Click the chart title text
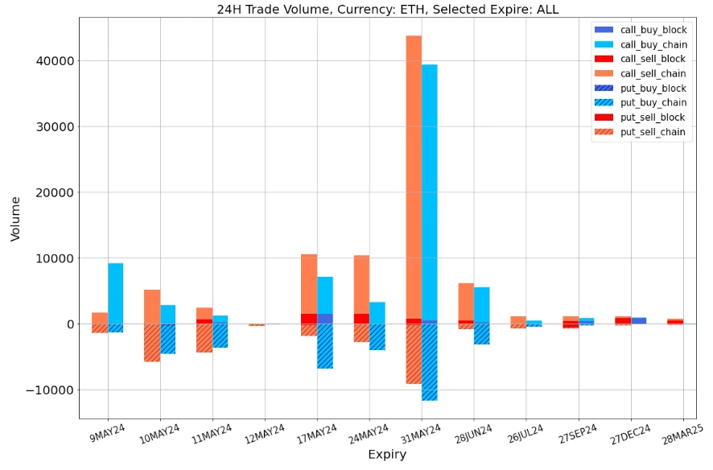coord(387,10)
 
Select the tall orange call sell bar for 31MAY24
coord(414,177)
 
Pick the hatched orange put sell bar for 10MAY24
coord(152,343)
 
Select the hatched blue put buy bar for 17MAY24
coord(325,346)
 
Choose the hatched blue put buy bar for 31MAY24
coord(430,362)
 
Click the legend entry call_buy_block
coord(653,30)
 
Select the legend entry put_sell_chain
coord(653,132)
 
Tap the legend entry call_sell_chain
coord(653,73)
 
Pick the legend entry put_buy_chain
coord(653,102)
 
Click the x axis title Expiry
coord(387,455)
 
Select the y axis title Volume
coord(15,218)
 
